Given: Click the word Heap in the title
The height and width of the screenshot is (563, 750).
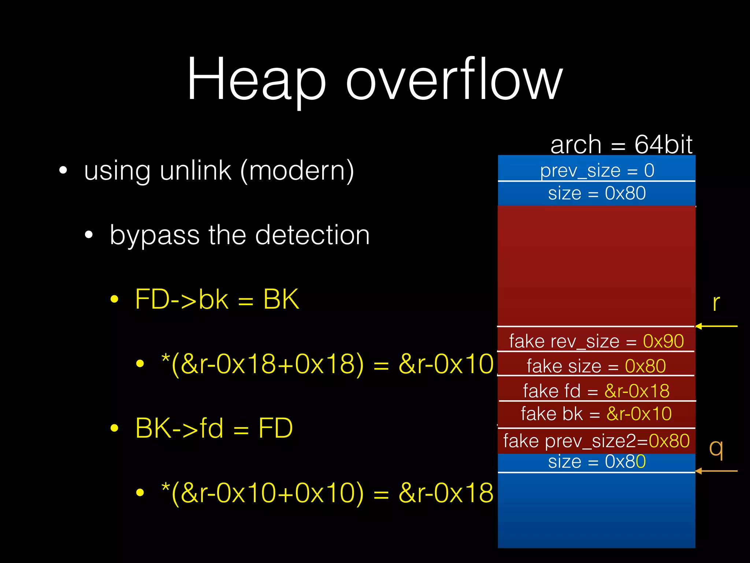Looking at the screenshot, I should tap(256, 79).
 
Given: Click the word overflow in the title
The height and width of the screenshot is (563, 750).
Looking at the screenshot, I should tap(454, 79).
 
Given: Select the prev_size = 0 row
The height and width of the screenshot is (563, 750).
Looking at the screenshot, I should tap(597, 170).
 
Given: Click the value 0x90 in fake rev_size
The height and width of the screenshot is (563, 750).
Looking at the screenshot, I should tap(663, 341).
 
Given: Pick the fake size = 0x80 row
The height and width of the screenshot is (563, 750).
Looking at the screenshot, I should tap(596, 366).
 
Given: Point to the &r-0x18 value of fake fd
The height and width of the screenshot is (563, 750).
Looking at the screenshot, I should tap(637, 391).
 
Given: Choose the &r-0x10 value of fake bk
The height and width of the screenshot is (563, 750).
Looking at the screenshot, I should tap(639, 414).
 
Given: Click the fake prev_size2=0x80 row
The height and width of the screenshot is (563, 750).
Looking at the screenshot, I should tap(596, 441).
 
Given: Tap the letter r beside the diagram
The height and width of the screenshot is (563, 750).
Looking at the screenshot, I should tap(716, 303).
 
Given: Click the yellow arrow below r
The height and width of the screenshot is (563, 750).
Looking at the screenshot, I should tap(716, 326).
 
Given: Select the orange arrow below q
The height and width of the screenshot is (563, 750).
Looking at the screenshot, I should tap(716, 471).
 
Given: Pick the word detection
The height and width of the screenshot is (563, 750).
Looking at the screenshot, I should tap(312, 235).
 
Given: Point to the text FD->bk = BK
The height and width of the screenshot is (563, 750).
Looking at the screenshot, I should tap(217, 299).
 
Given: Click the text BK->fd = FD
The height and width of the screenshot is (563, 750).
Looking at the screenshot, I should tap(214, 428).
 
